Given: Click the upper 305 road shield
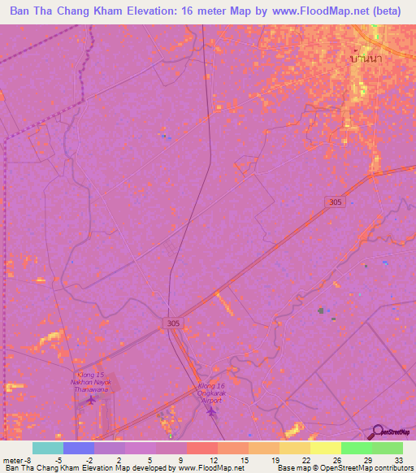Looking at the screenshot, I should coord(334,201).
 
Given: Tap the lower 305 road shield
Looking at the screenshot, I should coord(171,323).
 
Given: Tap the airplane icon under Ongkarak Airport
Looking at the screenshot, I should coord(212,410).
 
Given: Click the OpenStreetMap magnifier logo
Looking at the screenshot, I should coord(376,431).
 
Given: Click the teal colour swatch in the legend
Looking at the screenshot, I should coord(48,448).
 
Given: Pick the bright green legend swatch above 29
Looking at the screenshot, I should coord(356,448).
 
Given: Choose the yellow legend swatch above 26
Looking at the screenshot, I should coord(325,448).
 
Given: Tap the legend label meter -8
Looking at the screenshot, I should coord(17,459).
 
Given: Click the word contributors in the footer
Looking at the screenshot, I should coord(393,468).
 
